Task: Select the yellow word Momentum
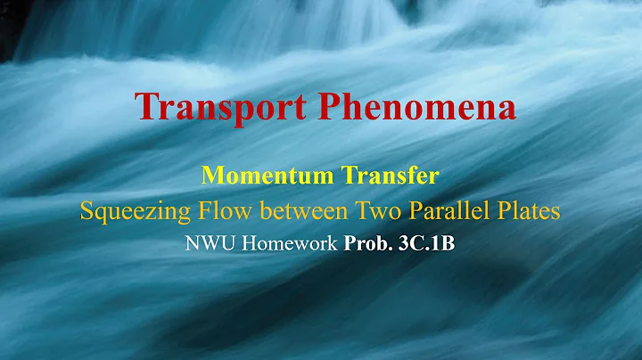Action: click(260, 175)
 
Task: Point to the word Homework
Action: click(288, 244)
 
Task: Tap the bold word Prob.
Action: click(366, 244)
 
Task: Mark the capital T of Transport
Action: click(149, 108)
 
